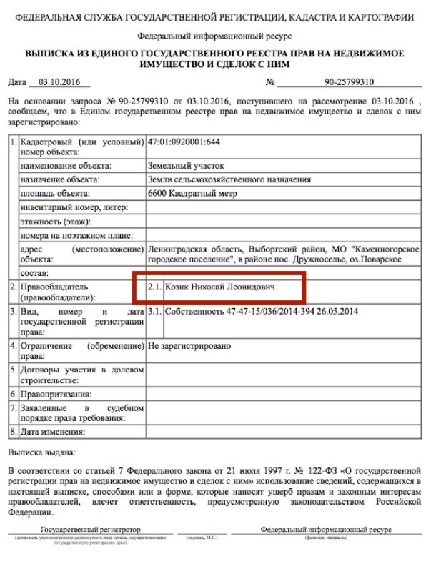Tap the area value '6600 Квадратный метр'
(192, 194)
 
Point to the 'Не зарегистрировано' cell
(189, 345)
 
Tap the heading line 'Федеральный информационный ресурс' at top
(214, 35)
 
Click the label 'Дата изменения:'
(54, 432)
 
